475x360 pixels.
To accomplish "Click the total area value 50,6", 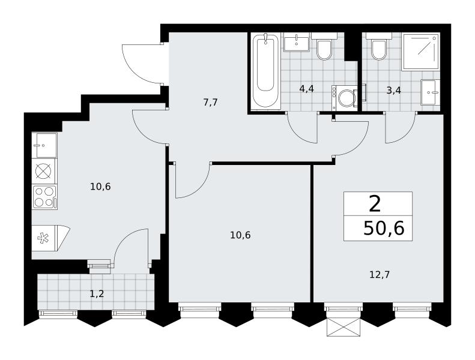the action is [384, 228].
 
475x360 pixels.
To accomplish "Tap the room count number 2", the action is [375, 204].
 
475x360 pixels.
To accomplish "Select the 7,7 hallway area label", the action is [211, 103].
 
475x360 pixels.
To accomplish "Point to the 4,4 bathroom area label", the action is [306, 89].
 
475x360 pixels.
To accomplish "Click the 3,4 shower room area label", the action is [393, 90].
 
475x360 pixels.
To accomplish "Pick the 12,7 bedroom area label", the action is [380, 275].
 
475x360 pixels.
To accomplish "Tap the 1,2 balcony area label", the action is [97, 293].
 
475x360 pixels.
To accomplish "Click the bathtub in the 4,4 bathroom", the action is [265, 71].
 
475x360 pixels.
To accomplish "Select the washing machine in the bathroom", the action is [345, 97].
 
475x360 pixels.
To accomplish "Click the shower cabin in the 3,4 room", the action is [421, 52].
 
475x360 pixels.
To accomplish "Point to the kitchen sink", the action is [44, 145].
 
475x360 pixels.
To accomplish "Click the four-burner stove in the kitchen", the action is [45, 197].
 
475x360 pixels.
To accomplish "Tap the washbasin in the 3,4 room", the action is [430, 92].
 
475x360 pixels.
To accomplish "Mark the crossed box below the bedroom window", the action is [343, 328].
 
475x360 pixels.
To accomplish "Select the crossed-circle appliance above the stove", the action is [44, 171].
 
